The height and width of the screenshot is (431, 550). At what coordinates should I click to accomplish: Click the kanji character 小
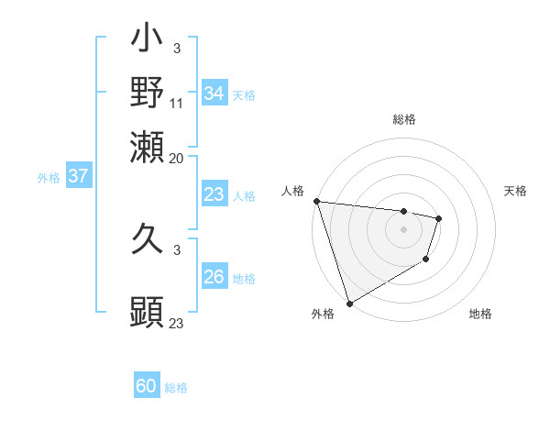[147, 42]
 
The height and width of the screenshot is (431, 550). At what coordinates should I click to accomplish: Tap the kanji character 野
[147, 93]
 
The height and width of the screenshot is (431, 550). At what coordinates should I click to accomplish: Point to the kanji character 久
[147, 244]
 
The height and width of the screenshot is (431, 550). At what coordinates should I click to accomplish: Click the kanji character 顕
[147, 313]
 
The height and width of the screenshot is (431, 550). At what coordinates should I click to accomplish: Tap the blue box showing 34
[214, 94]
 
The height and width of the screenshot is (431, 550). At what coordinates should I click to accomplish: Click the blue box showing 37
[78, 176]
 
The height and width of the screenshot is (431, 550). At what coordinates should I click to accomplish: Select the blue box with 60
[147, 387]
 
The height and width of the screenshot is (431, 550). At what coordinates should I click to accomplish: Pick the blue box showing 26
[214, 277]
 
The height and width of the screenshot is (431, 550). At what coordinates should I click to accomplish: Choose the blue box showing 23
[214, 194]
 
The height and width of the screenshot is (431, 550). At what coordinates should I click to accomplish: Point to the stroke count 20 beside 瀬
[177, 158]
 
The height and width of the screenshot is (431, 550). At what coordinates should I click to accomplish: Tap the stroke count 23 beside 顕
[177, 323]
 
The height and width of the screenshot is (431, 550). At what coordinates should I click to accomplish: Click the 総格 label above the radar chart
[403, 119]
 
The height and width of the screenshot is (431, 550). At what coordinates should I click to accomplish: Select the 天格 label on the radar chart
[516, 191]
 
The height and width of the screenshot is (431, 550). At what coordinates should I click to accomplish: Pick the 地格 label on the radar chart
[480, 314]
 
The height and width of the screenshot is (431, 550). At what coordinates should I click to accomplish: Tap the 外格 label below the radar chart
[323, 314]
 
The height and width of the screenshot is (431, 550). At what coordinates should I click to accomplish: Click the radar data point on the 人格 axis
[316, 201]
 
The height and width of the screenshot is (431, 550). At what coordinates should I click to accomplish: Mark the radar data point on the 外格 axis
[350, 303]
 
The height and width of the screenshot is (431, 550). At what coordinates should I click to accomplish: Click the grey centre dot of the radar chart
[403, 229]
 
